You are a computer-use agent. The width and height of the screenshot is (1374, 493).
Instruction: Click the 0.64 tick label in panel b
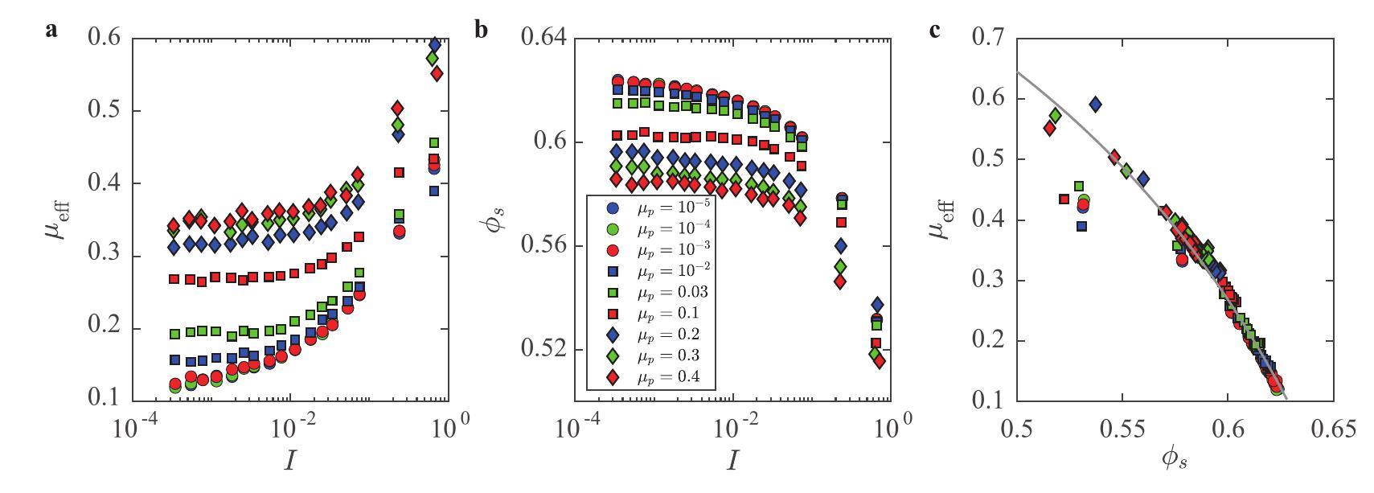click(544, 39)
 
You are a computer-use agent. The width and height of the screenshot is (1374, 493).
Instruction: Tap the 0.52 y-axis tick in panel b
click(544, 351)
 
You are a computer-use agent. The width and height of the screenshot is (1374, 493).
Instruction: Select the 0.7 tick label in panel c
click(991, 39)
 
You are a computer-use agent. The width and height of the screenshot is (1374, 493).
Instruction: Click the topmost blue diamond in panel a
click(435, 44)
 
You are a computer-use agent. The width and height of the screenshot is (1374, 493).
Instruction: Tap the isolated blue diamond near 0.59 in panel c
click(1094, 104)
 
